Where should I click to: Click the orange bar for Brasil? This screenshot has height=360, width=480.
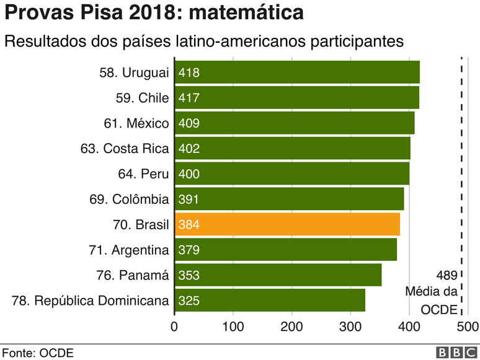(x=288, y=225)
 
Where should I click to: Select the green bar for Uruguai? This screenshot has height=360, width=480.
(x=298, y=72)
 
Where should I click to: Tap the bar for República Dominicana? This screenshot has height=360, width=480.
(x=270, y=301)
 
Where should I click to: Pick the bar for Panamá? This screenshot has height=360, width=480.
(x=278, y=276)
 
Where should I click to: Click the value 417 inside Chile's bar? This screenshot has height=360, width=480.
(x=189, y=98)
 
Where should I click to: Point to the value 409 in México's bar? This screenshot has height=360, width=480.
(x=189, y=123)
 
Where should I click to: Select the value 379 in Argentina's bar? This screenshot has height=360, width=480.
(x=189, y=250)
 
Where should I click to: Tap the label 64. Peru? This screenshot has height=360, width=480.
(x=143, y=174)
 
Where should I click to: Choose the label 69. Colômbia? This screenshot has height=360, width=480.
(x=129, y=200)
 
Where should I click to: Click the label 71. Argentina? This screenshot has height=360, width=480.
(x=128, y=250)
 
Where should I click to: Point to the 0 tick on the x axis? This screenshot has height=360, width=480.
(x=174, y=327)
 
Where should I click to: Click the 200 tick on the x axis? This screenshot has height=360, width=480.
(x=292, y=327)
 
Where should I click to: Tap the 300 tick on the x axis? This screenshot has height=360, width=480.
(x=350, y=327)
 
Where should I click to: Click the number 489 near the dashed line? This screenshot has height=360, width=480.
(x=447, y=276)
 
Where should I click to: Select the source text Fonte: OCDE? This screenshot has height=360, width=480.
(x=37, y=353)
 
